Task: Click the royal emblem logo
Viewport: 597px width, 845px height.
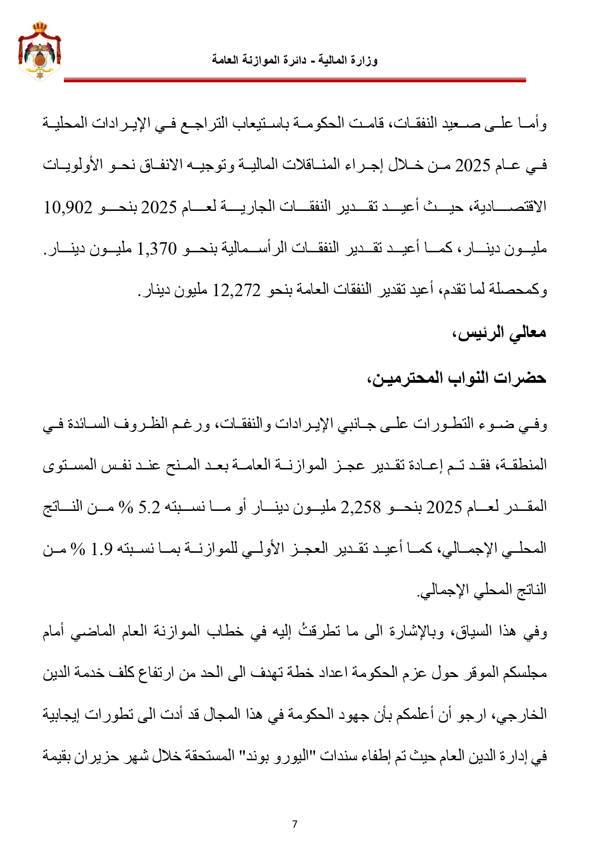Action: [x=39, y=51]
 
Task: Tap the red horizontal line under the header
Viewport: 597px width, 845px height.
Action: [x=294, y=80]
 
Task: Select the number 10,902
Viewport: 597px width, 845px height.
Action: [x=68, y=208]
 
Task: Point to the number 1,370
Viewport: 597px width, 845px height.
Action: [x=157, y=249]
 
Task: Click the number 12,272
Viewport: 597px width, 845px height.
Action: [x=237, y=290]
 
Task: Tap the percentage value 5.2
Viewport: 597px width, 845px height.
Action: [x=149, y=507]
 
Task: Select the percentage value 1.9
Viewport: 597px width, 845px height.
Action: [x=102, y=548]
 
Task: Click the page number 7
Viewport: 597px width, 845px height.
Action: [x=294, y=824]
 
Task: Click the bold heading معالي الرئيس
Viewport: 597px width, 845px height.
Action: [x=499, y=333]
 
